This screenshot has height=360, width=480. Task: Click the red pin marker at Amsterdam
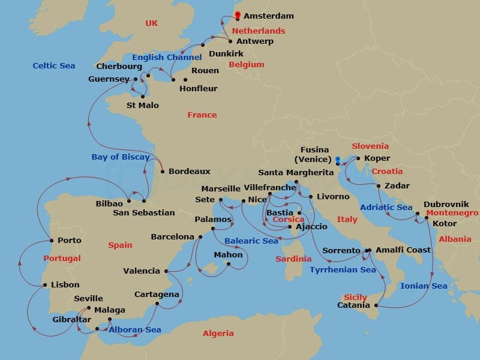click(x=238, y=16)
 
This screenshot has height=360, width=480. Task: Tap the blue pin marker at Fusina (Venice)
click(x=338, y=160)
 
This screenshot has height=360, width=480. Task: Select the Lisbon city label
click(x=65, y=285)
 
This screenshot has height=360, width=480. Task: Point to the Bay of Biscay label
click(x=121, y=157)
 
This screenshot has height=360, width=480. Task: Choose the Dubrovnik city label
click(x=446, y=204)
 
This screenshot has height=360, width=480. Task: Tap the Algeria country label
click(x=218, y=333)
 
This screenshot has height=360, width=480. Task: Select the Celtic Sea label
click(x=54, y=65)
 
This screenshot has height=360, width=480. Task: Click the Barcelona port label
click(x=172, y=237)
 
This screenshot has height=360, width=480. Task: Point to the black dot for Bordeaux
click(x=163, y=171)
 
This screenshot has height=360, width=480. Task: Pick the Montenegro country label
click(x=452, y=213)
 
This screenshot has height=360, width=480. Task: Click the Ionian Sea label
click(x=424, y=286)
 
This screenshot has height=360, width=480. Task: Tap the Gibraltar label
click(x=72, y=319)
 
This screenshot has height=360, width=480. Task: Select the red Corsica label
click(x=289, y=220)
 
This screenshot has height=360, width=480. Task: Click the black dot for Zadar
click(x=379, y=186)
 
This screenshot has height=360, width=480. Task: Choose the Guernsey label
click(x=109, y=79)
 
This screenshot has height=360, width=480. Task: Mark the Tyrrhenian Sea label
click(x=343, y=270)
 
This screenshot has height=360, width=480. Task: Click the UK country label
click(x=151, y=23)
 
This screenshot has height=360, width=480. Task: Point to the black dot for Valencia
click(x=166, y=271)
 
